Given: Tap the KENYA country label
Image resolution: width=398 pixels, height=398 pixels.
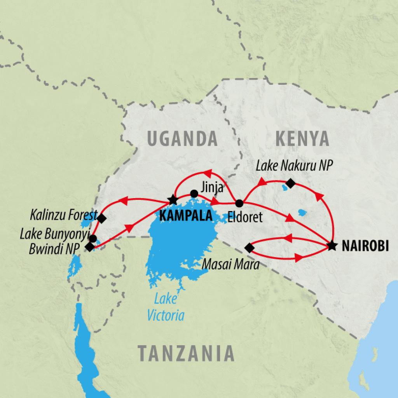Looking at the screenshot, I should coord(302,139).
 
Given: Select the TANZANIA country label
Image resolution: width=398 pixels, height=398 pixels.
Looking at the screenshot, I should coord(187,353).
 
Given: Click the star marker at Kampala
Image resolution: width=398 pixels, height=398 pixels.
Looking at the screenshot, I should coord(173,200).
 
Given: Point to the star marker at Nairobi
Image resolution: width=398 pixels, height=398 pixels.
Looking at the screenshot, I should coord(332,246).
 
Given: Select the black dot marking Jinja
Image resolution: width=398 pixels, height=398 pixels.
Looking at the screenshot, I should coord(194,193).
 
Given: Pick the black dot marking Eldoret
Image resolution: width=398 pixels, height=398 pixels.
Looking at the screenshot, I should coord(239,203).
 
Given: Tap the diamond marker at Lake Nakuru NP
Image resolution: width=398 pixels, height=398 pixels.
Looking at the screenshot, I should coord(290,183).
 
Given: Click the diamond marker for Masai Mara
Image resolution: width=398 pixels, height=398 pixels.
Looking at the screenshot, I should coord(249,247).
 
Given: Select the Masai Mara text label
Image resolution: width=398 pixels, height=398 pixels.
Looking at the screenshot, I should coord(230,265).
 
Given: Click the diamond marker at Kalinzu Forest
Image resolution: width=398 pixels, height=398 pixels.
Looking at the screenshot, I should coord(101,218).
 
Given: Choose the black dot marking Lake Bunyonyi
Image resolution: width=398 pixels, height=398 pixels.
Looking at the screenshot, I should coord(93,238).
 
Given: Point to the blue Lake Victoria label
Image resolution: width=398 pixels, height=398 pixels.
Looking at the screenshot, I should coord(166,307).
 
